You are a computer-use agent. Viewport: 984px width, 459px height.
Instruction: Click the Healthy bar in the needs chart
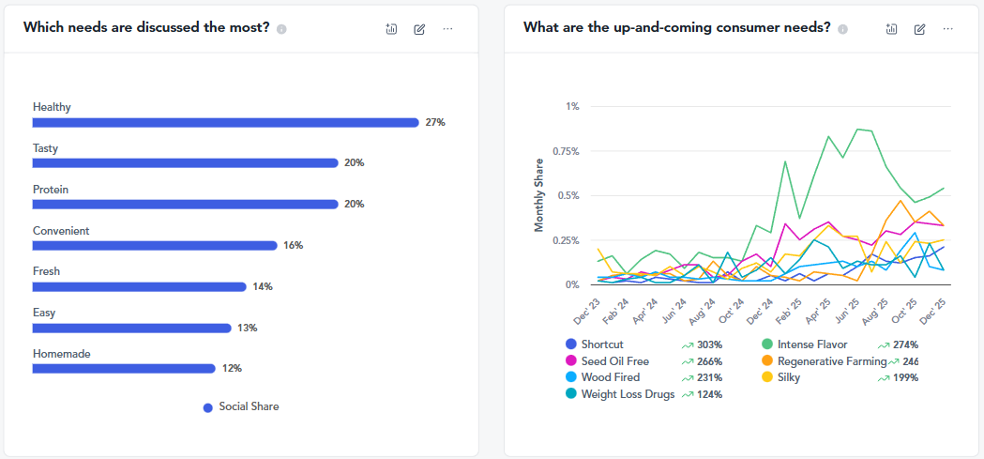[x=225, y=122]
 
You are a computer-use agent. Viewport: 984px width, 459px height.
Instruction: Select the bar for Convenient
[x=156, y=246]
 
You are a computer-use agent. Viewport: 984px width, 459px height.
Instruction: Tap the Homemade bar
[x=124, y=369]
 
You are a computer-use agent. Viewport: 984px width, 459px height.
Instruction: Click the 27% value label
[x=435, y=123]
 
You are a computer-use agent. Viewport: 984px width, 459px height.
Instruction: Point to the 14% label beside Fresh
[x=262, y=287]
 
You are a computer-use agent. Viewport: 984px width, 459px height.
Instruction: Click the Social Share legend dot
[x=207, y=407]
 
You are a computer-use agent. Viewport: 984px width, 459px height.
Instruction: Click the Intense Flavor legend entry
[x=811, y=344]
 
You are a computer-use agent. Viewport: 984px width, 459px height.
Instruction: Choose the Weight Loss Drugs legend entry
[x=627, y=394]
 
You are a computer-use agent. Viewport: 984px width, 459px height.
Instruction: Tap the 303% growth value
[x=709, y=344]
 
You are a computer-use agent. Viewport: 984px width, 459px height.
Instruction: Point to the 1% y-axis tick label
[x=572, y=106]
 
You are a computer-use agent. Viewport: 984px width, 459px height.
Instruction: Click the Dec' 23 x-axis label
[x=588, y=310]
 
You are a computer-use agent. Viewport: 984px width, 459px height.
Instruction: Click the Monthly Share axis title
[x=539, y=195]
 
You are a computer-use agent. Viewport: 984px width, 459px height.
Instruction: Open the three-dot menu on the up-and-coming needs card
[x=948, y=29]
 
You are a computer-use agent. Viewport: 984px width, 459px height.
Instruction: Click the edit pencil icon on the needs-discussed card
[x=419, y=29]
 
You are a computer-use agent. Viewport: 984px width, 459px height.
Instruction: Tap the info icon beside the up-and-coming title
[x=842, y=29]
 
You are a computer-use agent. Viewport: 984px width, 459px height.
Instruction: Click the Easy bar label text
[x=44, y=313]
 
